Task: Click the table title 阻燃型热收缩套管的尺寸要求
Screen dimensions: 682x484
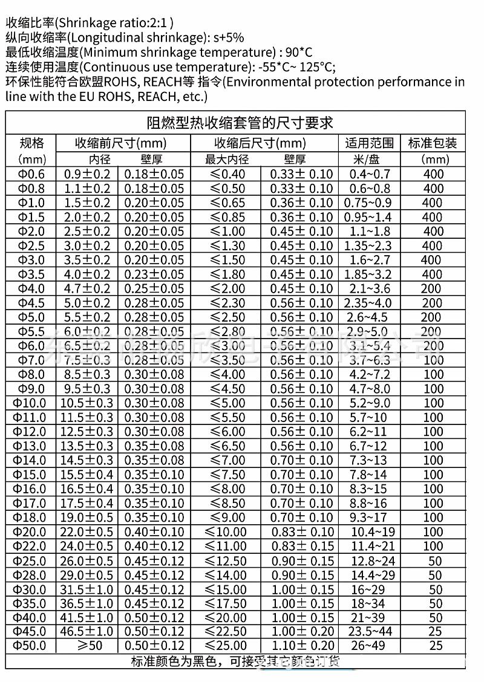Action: (240, 123)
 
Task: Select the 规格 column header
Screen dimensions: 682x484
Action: (32, 143)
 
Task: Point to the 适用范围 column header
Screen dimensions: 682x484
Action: (369, 143)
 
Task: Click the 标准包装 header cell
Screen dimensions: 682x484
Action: (433, 143)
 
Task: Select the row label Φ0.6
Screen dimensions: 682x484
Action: (31, 174)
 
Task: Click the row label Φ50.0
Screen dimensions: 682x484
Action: (31, 646)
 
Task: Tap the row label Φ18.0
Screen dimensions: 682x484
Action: (31, 518)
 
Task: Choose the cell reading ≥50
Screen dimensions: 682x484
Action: (88, 646)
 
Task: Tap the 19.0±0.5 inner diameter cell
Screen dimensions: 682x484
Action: (88, 518)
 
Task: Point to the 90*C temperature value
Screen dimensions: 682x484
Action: (303, 52)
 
